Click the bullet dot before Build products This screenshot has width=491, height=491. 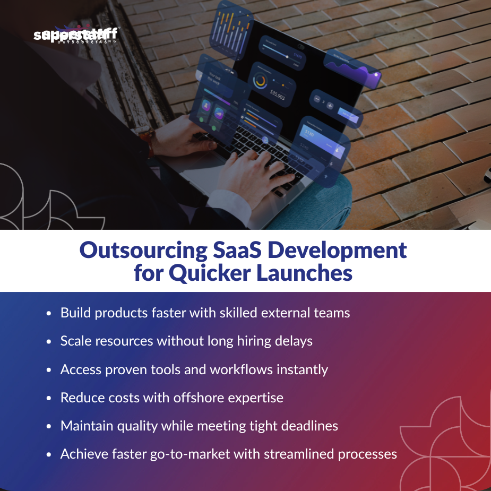click(x=49, y=314)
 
